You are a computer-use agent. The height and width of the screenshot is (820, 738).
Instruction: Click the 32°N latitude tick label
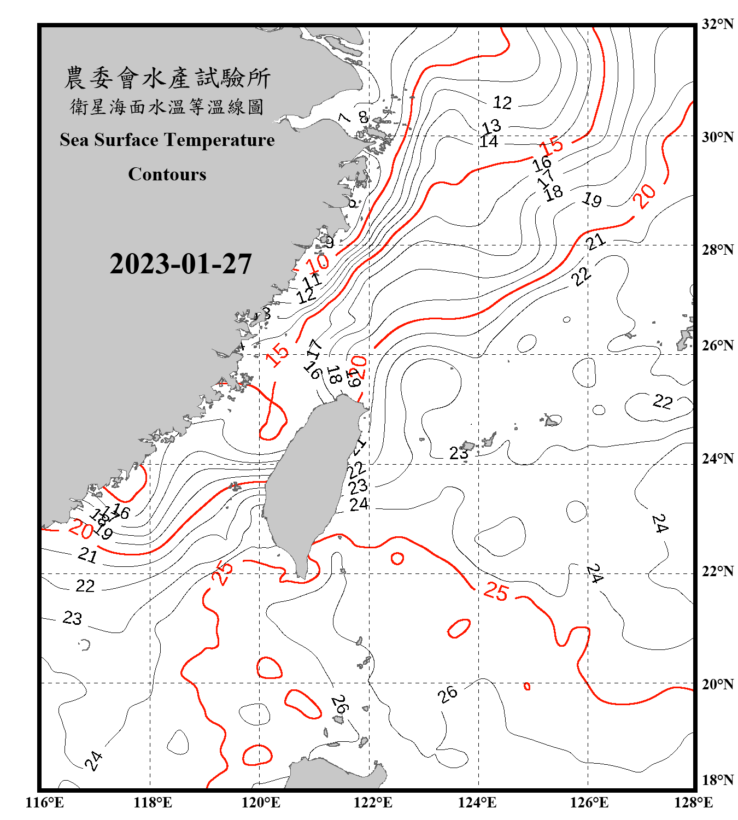tap(717, 24)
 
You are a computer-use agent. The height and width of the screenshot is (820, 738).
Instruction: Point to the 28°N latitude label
tap(717, 250)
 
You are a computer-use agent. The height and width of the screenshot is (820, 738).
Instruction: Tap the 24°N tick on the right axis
tap(717, 459)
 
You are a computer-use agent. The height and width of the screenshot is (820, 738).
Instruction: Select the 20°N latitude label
tap(717, 684)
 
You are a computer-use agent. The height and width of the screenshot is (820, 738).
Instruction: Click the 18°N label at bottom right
tap(717, 780)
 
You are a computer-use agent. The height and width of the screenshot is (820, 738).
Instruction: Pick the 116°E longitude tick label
tap(45, 803)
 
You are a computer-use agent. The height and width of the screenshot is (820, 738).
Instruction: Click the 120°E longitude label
tap(261, 803)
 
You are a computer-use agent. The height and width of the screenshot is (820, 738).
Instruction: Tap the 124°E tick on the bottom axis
tap(477, 803)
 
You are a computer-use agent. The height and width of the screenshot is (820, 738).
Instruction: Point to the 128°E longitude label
tap(693, 803)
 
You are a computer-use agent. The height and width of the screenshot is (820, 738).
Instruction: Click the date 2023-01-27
tap(180, 264)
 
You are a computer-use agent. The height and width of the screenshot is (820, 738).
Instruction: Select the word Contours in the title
tap(167, 174)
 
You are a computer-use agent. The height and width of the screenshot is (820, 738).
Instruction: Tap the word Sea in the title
tap(75, 140)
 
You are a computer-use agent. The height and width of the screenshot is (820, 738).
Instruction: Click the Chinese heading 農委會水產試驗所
tap(167, 78)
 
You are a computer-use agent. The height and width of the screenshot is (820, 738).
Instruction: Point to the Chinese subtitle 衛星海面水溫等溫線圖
tap(167, 107)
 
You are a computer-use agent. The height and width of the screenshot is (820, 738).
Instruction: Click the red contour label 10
tap(317, 263)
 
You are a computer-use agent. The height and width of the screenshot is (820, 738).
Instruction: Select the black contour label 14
tap(489, 142)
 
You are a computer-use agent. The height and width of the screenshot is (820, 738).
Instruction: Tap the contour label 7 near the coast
tap(344, 118)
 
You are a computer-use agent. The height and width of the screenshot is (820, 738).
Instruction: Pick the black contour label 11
tap(312, 281)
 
